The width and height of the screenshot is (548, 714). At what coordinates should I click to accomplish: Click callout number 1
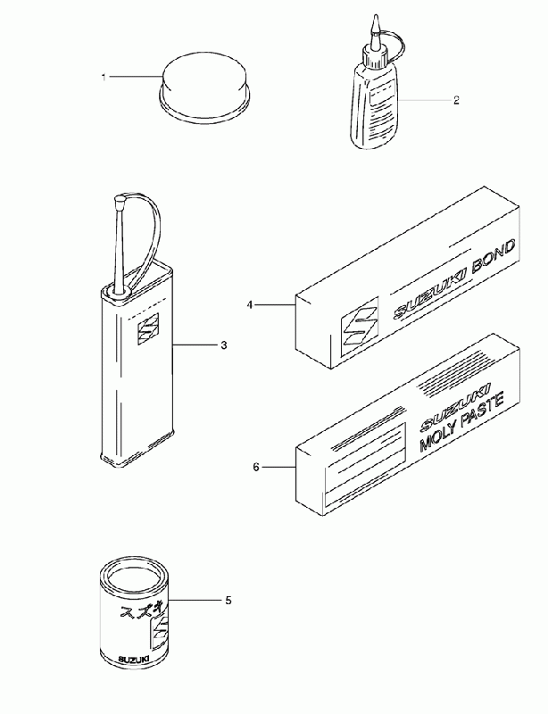(x=104, y=78)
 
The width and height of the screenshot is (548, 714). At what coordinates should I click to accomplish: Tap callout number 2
(x=456, y=100)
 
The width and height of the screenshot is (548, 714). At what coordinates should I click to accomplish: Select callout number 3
(x=223, y=345)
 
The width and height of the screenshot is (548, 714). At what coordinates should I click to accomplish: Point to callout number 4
(x=249, y=304)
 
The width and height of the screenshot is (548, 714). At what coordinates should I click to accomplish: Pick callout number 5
(x=228, y=601)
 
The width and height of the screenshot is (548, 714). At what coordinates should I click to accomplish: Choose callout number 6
(x=256, y=467)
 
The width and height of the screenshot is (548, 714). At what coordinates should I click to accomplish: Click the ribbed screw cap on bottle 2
(x=376, y=58)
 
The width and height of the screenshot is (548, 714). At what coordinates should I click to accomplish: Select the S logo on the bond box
(x=360, y=324)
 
